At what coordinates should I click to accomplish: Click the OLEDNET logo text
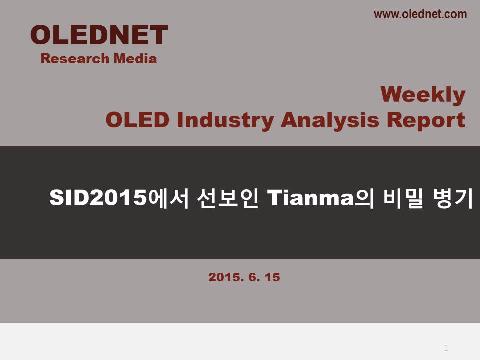(x=99, y=35)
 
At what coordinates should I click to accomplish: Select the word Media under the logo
(x=135, y=59)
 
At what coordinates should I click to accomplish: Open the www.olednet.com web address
(x=420, y=14)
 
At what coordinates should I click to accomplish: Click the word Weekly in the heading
(x=423, y=95)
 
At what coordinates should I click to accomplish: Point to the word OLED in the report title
(x=137, y=119)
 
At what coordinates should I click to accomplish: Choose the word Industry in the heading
(x=225, y=120)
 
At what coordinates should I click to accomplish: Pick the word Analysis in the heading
(x=330, y=120)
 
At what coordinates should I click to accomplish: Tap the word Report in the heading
(x=426, y=120)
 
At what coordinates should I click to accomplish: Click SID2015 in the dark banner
(x=98, y=198)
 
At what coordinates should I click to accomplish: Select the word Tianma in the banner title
(x=310, y=198)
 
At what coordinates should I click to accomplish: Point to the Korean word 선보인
(x=228, y=198)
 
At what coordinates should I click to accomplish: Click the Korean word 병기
(x=453, y=198)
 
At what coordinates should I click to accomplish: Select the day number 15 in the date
(x=272, y=277)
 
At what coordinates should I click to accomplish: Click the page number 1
(x=446, y=348)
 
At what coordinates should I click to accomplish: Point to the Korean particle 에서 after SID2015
(x=168, y=198)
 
